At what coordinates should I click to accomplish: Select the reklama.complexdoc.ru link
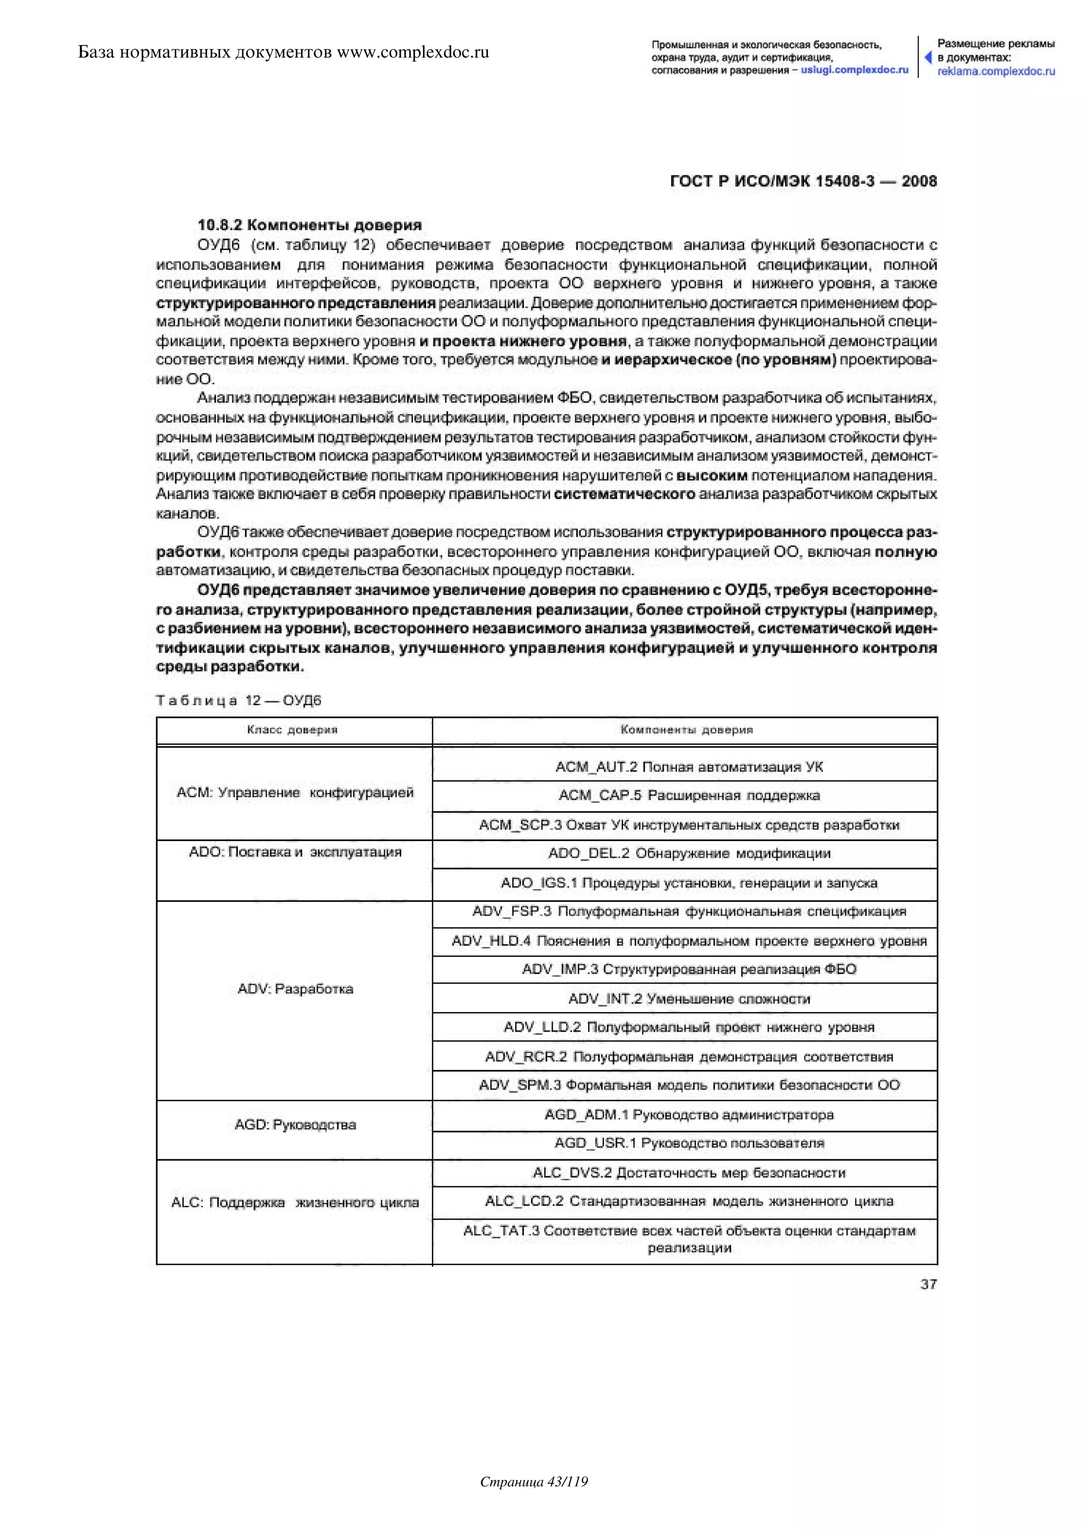[996, 71]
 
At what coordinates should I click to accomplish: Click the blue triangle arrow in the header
[928, 57]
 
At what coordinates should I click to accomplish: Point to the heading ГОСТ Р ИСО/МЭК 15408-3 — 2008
[803, 182]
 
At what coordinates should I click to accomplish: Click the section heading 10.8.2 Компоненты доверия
[310, 225]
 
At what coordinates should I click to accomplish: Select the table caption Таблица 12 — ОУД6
[238, 700]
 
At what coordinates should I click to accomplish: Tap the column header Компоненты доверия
[686, 730]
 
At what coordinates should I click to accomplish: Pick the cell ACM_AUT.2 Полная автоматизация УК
[689, 767]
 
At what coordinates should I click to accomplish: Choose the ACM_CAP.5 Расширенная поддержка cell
[689, 796]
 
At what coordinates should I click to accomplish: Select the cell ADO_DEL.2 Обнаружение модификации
[689, 853]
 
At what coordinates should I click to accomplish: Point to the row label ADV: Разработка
[295, 989]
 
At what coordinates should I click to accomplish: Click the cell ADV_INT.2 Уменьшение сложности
[689, 999]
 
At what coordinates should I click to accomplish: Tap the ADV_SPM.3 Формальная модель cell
[689, 1085]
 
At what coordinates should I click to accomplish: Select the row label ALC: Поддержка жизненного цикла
[295, 1203]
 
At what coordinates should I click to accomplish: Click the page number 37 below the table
[928, 1284]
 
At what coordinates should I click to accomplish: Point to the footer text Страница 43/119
[534, 1500]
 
